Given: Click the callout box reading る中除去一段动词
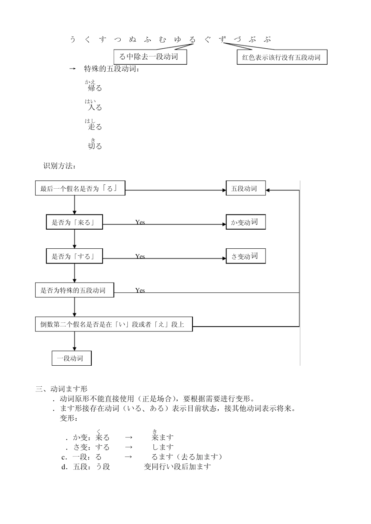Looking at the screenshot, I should click(150, 57).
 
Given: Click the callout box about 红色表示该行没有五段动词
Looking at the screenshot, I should click(282, 57).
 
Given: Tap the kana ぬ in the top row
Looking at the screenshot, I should click(132, 39).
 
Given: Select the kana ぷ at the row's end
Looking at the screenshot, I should click(267, 39).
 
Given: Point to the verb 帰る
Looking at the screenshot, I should click(95, 88).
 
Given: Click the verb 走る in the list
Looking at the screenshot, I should click(95, 127).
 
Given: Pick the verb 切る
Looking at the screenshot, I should click(95, 146).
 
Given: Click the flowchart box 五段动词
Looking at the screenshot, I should click(245, 189).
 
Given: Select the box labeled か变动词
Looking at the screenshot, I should click(245, 222).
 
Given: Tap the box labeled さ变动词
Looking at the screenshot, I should click(245, 256).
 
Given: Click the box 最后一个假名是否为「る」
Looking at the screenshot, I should click(80, 189).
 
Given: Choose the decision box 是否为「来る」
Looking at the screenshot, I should click(74, 222).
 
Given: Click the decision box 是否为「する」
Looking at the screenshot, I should click(74, 256).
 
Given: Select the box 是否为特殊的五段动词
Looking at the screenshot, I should click(74, 290).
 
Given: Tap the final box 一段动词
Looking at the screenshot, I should click(71, 358).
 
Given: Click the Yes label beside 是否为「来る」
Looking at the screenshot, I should click(140, 222).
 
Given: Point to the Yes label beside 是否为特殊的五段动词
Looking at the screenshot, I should click(140, 290).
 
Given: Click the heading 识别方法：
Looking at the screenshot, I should click(59, 166).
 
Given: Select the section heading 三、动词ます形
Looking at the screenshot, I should click(62, 389).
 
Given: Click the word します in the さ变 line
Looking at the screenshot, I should click(162, 447).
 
